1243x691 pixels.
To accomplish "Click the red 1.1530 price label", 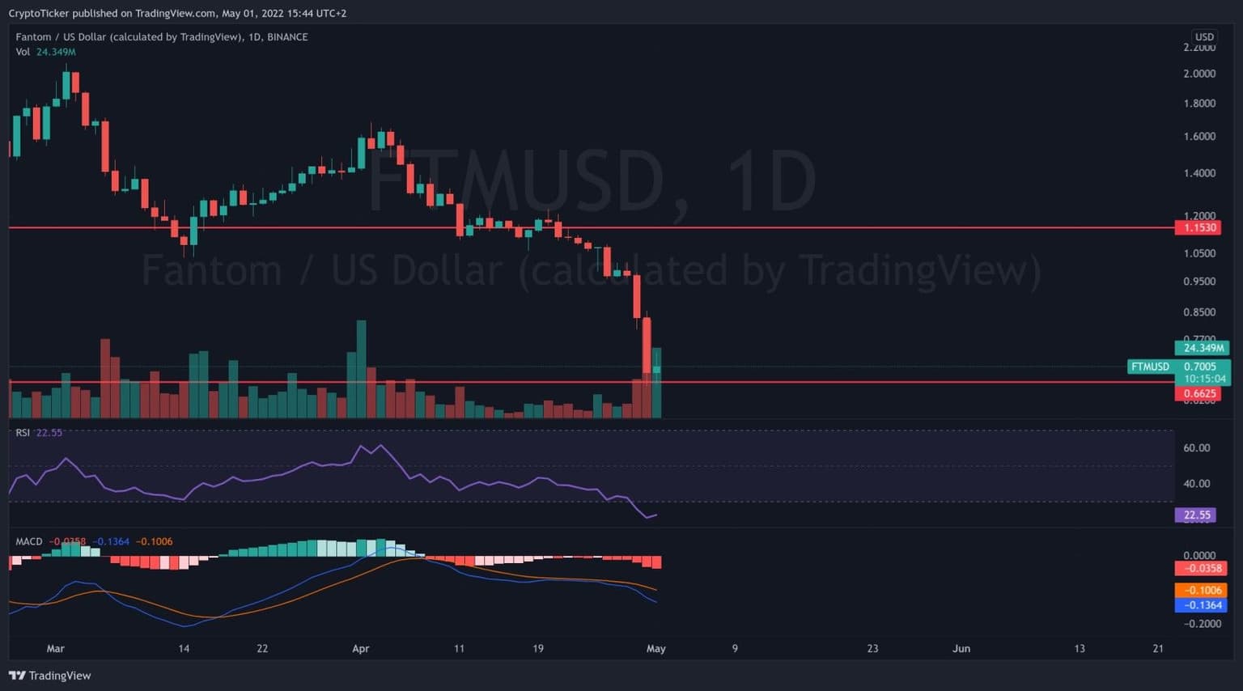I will pyautogui.click(x=1200, y=228).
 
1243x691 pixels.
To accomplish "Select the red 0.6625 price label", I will pyautogui.click(x=1200, y=394).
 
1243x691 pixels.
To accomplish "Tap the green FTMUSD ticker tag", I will pyautogui.click(x=1150, y=367).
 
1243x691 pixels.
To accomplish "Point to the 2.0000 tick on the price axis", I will pyautogui.click(x=1199, y=74).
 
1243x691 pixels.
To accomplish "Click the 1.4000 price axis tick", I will pyautogui.click(x=1199, y=173).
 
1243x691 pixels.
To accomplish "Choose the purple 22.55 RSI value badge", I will pyautogui.click(x=1197, y=515).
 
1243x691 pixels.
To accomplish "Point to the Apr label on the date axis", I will pyautogui.click(x=361, y=649).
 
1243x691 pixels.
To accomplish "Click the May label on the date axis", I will pyautogui.click(x=656, y=649).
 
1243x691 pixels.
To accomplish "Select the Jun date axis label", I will pyautogui.click(x=961, y=649).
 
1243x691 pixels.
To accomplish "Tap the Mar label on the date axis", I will pyautogui.click(x=55, y=649).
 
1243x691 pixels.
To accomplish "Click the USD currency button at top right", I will pyautogui.click(x=1204, y=37).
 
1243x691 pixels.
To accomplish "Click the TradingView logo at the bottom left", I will pyautogui.click(x=50, y=676).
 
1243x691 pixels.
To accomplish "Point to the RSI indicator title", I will pyautogui.click(x=23, y=433).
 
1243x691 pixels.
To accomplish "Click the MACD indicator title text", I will pyautogui.click(x=29, y=542).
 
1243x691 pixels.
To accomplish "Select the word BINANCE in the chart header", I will pyautogui.click(x=287, y=37).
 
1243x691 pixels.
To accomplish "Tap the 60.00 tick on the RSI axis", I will pyautogui.click(x=1197, y=448).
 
